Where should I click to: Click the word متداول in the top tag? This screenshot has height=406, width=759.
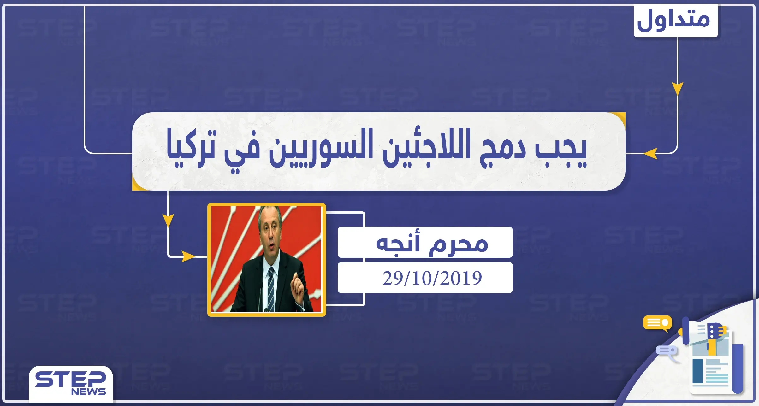coord(674,20)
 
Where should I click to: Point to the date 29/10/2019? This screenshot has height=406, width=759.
coord(432,278)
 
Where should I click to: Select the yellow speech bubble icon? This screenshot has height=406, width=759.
coord(657,323)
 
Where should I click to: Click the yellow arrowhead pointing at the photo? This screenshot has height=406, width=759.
coord(188,256)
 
